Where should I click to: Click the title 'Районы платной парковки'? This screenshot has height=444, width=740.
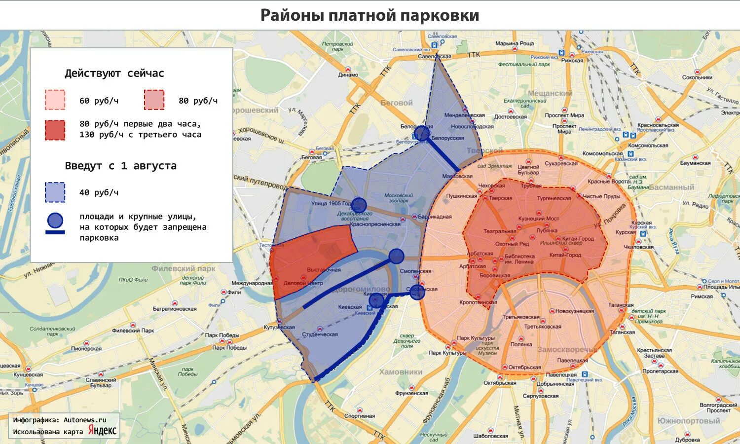point(370,15)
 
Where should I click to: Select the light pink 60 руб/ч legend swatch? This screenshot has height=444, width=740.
point(55,100)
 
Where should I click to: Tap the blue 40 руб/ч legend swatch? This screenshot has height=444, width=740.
point(55,192)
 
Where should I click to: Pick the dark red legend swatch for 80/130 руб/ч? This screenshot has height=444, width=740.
point(55,130)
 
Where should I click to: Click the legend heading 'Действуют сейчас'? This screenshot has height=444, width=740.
point(114,74)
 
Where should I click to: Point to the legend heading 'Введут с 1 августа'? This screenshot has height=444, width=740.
point(120,166)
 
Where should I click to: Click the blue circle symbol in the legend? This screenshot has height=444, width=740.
point(55,221)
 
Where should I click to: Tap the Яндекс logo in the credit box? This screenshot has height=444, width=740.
point(102,430)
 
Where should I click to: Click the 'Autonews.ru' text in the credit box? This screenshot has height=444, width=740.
point(84,420)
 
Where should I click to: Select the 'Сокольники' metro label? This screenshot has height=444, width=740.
point(697,77)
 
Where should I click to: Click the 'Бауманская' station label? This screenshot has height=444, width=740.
point(695,163)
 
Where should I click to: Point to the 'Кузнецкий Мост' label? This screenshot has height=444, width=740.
point(538,219)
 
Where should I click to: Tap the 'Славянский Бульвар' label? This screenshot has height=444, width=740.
point(101,382)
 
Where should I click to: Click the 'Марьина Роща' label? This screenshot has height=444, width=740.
point(515,43)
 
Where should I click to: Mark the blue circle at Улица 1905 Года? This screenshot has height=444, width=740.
point(359,205)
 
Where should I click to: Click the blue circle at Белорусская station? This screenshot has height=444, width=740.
point(421,133)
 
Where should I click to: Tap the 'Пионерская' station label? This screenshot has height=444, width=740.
point(86,349)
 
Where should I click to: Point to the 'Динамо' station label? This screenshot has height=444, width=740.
point(348,75)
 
